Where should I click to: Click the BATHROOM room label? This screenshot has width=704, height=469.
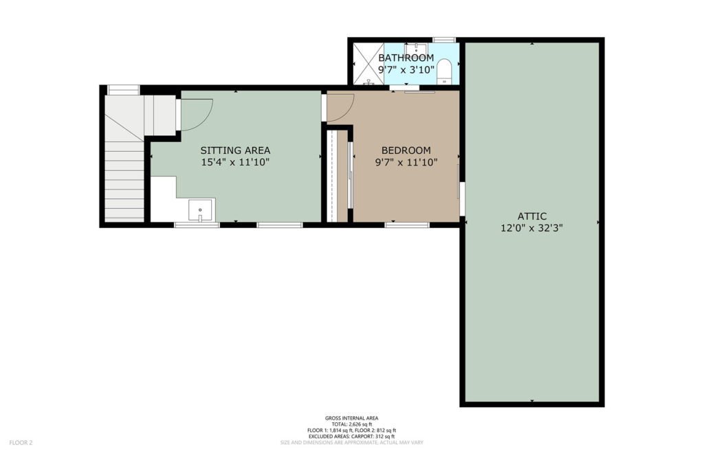click(406, 58)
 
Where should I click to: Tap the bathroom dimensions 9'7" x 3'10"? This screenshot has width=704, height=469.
click(406, 69)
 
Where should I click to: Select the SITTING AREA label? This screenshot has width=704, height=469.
click(235, 150)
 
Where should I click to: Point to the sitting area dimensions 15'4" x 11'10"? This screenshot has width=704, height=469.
click(235, 162)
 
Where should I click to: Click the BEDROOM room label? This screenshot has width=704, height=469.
click(406, 150)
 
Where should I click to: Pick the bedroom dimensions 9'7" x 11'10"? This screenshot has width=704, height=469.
click(406, 162)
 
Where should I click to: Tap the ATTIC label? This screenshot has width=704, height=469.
click(532, 216)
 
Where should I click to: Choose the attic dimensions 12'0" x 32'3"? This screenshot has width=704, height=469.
click(532, 228)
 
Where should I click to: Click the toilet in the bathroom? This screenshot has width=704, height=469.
click(444, 71)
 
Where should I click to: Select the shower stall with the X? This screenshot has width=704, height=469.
click(368, 64)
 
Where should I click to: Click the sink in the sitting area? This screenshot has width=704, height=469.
click(200, 210)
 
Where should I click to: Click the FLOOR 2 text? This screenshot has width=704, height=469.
click(21, 443)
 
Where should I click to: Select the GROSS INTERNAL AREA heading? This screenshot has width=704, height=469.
click(351, 418)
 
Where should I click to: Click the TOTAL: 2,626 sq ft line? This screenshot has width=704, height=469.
click(351, 424)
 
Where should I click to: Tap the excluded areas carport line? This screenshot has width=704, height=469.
click(351, 436)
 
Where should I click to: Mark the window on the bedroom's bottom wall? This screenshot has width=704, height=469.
click(407, 225)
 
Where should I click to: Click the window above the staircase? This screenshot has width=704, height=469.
click(124, 90)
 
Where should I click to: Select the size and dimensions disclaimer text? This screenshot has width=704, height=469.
click(351, 442)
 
